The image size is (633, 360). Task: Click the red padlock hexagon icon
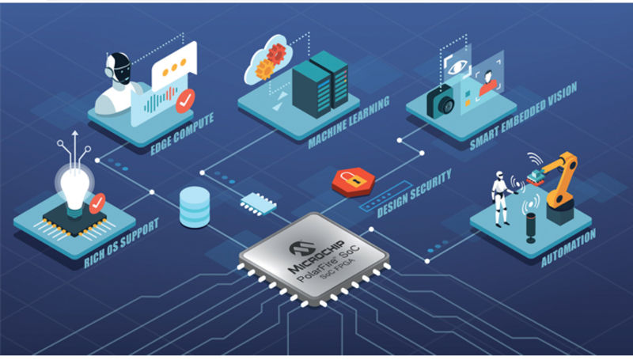353,182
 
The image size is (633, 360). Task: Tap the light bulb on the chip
74,190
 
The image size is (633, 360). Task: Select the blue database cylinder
195,207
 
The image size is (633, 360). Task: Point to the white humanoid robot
502,199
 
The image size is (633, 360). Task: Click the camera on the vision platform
441,102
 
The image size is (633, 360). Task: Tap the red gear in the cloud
276,53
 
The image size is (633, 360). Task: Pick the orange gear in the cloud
265,69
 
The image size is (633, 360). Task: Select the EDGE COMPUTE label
182,134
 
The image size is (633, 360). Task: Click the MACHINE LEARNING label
349,122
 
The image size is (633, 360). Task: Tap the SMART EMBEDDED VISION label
524,116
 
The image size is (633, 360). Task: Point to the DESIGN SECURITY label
414,193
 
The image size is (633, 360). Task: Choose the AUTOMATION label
568,248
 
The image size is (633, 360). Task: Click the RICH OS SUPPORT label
121,244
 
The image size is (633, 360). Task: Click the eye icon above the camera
457,66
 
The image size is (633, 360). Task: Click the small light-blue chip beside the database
259,204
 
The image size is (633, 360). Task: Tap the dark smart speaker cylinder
531,228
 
